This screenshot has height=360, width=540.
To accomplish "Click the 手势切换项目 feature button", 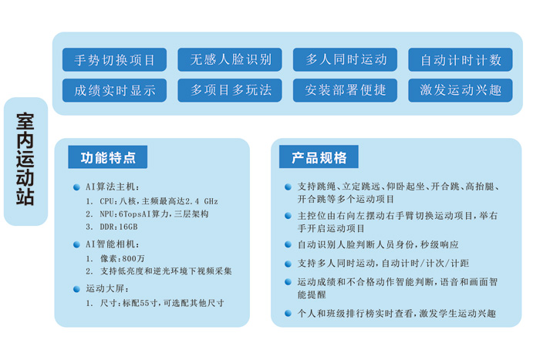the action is click(114, 59).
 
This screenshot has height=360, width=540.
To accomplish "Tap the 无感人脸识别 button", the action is click(230, 59).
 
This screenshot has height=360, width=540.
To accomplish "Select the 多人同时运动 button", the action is click(345, 59).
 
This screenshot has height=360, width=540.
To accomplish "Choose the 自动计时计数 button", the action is click(461, 59).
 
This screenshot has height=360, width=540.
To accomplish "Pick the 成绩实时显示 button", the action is click(114, 90).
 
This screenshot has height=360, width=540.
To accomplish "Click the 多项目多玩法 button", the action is click(230, 90).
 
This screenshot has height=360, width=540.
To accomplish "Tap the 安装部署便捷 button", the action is click(345, 90).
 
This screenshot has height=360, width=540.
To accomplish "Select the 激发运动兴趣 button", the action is click(461, 90).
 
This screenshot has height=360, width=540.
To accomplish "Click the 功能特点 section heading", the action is click(108, 157).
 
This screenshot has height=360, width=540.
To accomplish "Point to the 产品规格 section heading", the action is click(319, 157).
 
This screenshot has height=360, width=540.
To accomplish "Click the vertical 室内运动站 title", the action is click(25, 159).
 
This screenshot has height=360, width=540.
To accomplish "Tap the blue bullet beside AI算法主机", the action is click(76, 187).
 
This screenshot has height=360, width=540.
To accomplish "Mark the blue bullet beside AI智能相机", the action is click(76, 244).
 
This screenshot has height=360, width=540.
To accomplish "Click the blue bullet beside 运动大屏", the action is click(76, 289).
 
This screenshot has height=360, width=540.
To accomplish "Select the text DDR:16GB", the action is click(119, 227).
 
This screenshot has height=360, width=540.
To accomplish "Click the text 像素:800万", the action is click(123, 258).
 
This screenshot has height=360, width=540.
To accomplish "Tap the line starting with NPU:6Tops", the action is click(154, 214).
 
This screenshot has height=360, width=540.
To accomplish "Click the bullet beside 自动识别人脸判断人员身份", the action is click(289, 244).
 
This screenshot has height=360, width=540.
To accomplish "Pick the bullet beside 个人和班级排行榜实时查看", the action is click(289, 313).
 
